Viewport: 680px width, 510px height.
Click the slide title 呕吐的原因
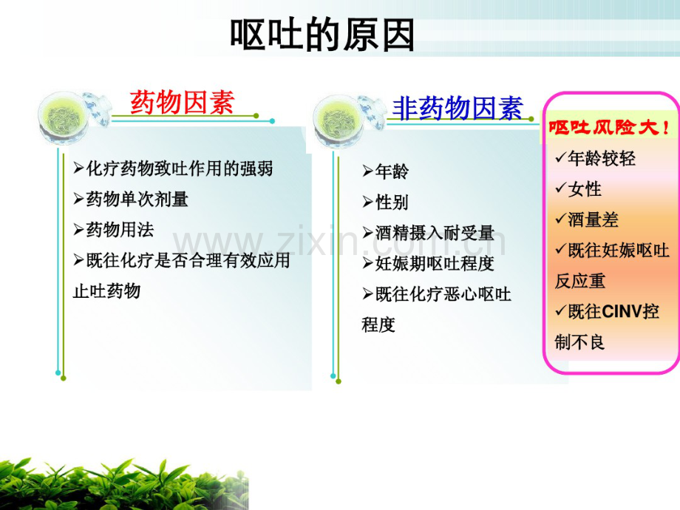pos(322,35)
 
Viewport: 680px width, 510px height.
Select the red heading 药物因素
pos(182,102)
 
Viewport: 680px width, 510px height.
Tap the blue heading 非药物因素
pos(458,108)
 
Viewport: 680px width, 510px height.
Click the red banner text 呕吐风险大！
pos(609,127)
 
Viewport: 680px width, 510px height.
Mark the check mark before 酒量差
pos(561,219)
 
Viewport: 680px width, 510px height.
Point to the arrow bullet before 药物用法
pos(78,230)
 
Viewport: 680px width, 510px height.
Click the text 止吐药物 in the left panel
pos(106,291)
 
